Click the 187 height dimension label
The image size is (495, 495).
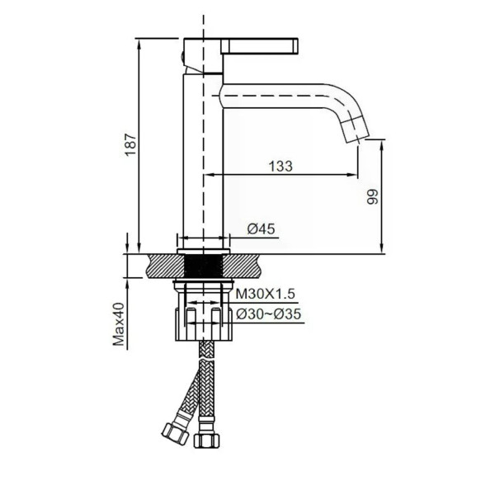click(130, 145)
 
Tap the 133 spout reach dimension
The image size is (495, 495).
click(280, 167)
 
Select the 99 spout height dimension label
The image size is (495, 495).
click(373, 197)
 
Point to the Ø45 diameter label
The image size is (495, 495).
click(261, 229)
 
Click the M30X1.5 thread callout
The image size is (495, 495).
click(266, 294)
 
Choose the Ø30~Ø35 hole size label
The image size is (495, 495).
click(268, 314)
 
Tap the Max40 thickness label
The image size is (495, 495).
click(119, 324)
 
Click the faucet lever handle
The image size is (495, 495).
click(260, 46)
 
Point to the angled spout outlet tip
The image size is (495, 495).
click(356, 130)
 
